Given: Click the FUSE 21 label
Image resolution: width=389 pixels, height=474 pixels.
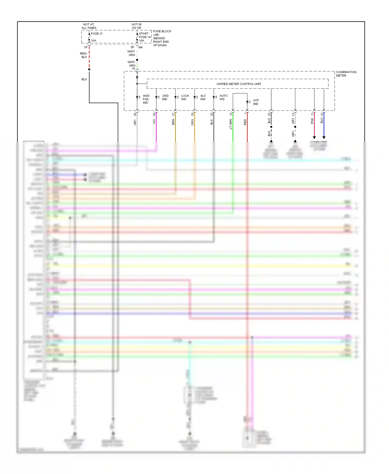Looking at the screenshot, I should [x=97, y=33].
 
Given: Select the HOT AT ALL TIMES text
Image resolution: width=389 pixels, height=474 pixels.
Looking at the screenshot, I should [x=89, y=26].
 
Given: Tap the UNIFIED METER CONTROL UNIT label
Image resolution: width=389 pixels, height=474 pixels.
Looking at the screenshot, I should [x=239, y=84].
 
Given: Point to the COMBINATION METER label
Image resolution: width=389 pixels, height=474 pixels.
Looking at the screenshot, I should [x=346, y=74].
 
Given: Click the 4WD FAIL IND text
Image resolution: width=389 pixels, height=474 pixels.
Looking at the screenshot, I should [x=146, y=99].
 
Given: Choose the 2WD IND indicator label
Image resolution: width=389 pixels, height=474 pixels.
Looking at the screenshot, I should [x=165, y=97].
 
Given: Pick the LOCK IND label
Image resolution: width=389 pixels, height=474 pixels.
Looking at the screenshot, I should [x=185, y=97].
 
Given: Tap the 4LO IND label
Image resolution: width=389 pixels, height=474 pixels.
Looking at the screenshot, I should [x=203, y=97].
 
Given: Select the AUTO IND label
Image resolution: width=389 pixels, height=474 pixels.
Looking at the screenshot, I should [x=223, y=97].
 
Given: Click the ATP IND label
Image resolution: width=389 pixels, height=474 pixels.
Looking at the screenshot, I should [x=256, y=102].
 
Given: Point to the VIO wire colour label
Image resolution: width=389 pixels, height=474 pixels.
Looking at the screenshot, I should [x=154, y=122].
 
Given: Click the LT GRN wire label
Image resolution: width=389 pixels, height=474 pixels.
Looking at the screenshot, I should [x=231, y=124].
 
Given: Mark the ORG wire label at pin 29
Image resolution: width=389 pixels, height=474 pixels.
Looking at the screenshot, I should [x=192, y=122].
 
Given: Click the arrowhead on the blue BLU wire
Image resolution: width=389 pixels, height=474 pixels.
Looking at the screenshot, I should [x=324, y=137].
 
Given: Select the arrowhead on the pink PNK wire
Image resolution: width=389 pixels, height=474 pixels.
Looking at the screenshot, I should [x=314, y=137].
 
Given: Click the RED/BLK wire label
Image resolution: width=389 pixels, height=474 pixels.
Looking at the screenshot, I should [x=84, y=55].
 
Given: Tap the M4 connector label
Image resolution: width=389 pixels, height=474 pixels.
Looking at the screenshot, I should [x=140, y=47].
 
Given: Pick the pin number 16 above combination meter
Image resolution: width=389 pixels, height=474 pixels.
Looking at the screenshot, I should [x=134, y=68].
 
